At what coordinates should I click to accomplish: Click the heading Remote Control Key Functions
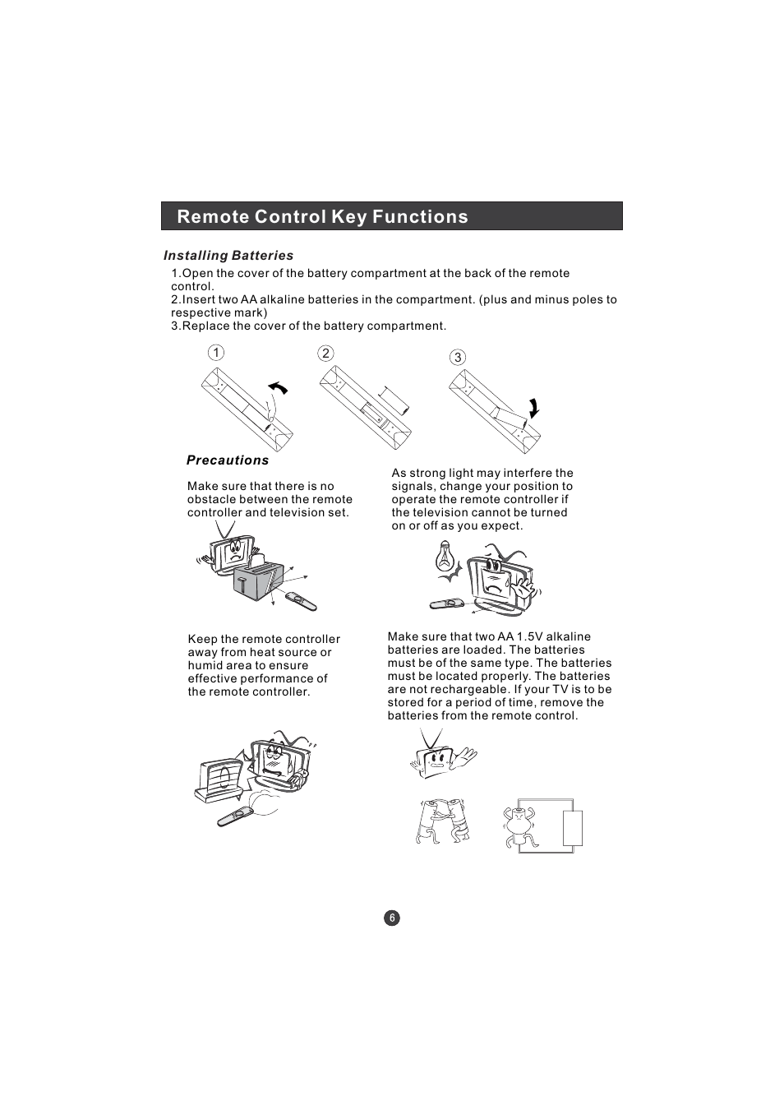point(322,216)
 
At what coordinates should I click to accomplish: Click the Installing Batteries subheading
point(228,256)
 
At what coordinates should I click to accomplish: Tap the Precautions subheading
point(228,460)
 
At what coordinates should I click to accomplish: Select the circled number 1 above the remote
point(215,353)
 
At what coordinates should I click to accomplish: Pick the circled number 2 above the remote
point(325,353)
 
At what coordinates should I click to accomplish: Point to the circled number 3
point(458,357)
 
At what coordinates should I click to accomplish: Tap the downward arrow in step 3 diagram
point(534,409)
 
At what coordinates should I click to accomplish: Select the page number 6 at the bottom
point(392,918)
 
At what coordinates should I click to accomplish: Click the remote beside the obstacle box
point(300,600)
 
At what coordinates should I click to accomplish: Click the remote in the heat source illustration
point(236,816)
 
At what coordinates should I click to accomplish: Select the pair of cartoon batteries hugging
point(443,821)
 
